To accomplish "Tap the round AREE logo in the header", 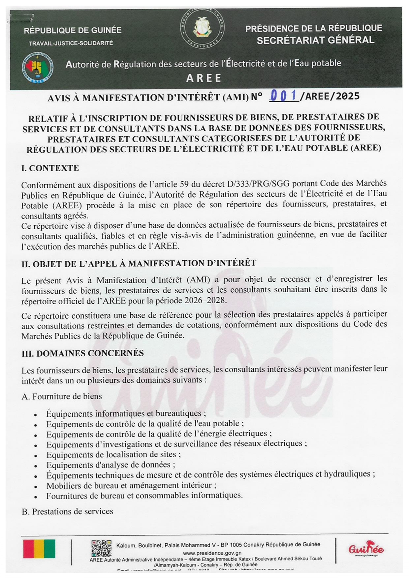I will [x=38, y=68].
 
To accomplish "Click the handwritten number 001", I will [x=283, y=96].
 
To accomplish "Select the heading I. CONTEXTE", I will [x=50, y=168].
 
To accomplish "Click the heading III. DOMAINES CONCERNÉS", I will [x=83, y=353].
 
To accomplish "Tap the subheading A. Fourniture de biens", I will [x=62, y=396].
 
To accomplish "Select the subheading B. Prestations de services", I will [x=67, y=511].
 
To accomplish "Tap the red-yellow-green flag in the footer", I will [x=39, y=549].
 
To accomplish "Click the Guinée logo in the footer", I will [x=366, y=549].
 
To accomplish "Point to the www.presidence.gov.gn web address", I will [x=212, y=553].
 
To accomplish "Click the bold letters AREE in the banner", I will [x=204, y=78].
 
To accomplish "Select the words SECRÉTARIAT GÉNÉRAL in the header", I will [x=315, y=40].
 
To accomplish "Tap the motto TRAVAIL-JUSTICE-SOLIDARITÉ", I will [x=71, y=43].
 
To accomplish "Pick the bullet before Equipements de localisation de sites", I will [x=35, y=456].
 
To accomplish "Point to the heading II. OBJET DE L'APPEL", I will [x=139, y=263].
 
